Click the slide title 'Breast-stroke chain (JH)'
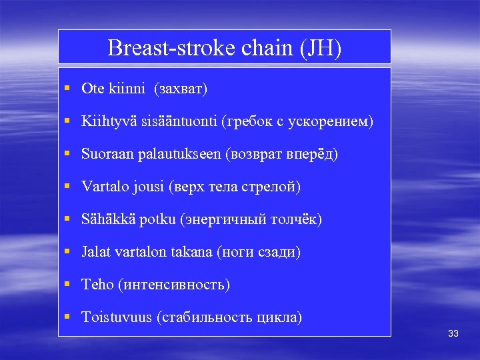coord(224,48)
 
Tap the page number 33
coord(453,333)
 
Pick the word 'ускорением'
coord(333,121)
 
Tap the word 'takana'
coord(193,252)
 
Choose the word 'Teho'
coord(97,285)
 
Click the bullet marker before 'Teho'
coord(68,285)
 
